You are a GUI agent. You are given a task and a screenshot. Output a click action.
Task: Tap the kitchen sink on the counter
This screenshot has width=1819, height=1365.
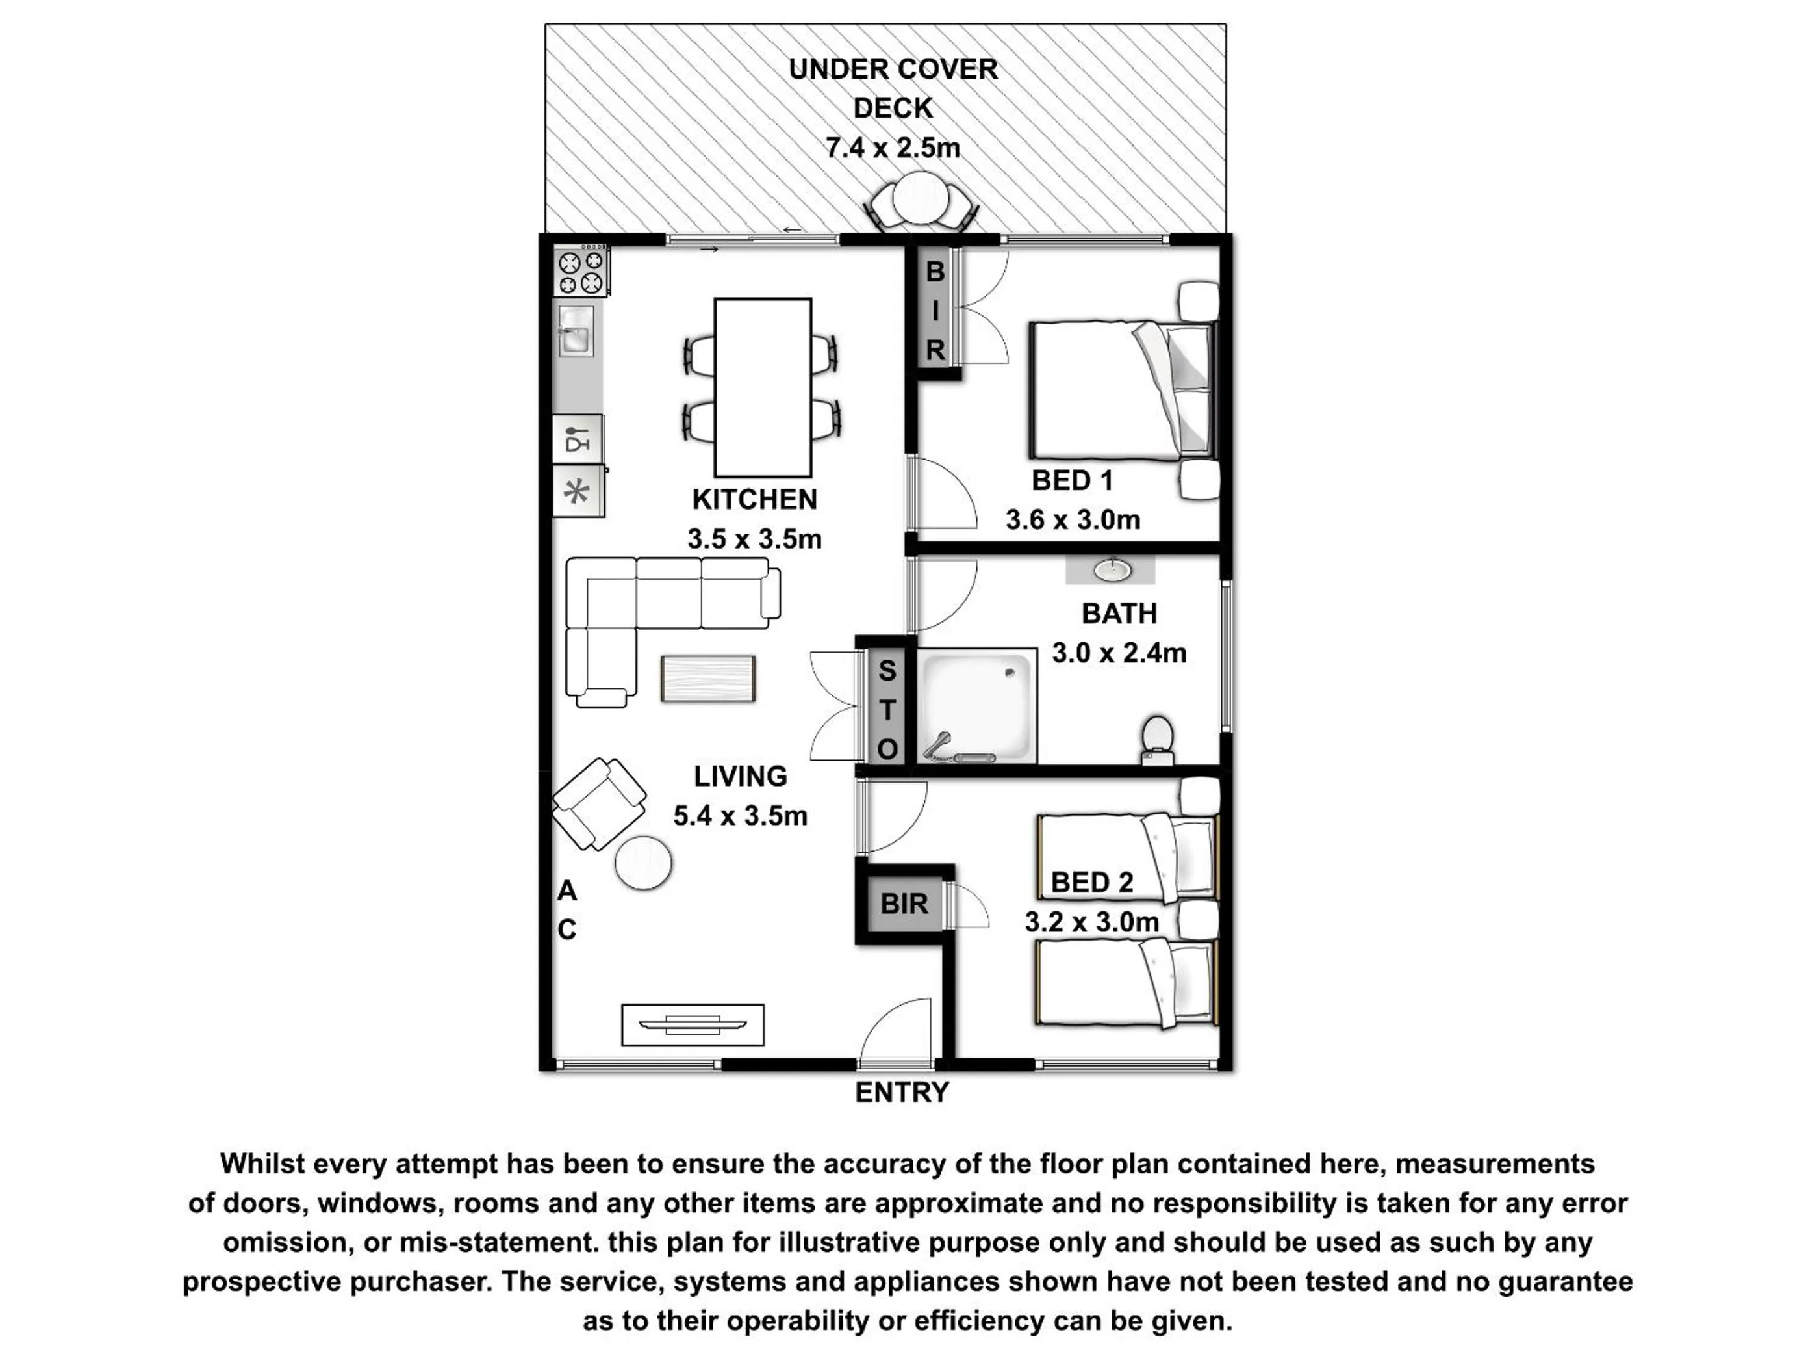click(576, 331)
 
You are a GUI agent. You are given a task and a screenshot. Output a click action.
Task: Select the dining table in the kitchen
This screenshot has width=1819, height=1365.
click(762, 387)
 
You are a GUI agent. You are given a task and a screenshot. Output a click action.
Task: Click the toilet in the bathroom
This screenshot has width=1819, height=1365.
click(1158, 739)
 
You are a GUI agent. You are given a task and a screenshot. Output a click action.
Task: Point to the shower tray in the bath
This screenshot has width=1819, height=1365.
click(976, 706)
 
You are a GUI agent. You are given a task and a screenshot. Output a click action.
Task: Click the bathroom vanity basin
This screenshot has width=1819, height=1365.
click(1112, 569)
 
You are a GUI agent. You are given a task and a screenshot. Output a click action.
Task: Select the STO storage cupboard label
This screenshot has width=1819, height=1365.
click(887, 709)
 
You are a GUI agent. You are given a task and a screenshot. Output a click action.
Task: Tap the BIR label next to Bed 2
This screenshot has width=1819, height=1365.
click(904, 903)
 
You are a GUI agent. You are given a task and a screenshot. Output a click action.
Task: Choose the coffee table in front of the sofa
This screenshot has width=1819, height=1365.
click(708, 679)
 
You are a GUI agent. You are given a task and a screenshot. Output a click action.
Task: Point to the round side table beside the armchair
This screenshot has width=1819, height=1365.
click(643, 863)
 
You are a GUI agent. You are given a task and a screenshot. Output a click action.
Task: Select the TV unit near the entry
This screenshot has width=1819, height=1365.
click(693, 1024)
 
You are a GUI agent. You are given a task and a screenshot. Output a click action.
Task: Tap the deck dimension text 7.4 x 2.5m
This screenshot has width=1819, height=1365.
click(892, 148)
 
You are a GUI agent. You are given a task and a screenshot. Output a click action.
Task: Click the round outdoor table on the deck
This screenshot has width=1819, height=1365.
click(921, 198)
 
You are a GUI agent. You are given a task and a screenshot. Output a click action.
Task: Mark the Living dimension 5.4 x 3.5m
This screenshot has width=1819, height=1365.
click(740, 815)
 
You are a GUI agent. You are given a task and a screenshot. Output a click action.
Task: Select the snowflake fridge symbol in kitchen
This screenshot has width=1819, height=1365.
click(578, 492)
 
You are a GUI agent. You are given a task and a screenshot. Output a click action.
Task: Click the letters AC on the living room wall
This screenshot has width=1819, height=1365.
click(566, 910)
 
